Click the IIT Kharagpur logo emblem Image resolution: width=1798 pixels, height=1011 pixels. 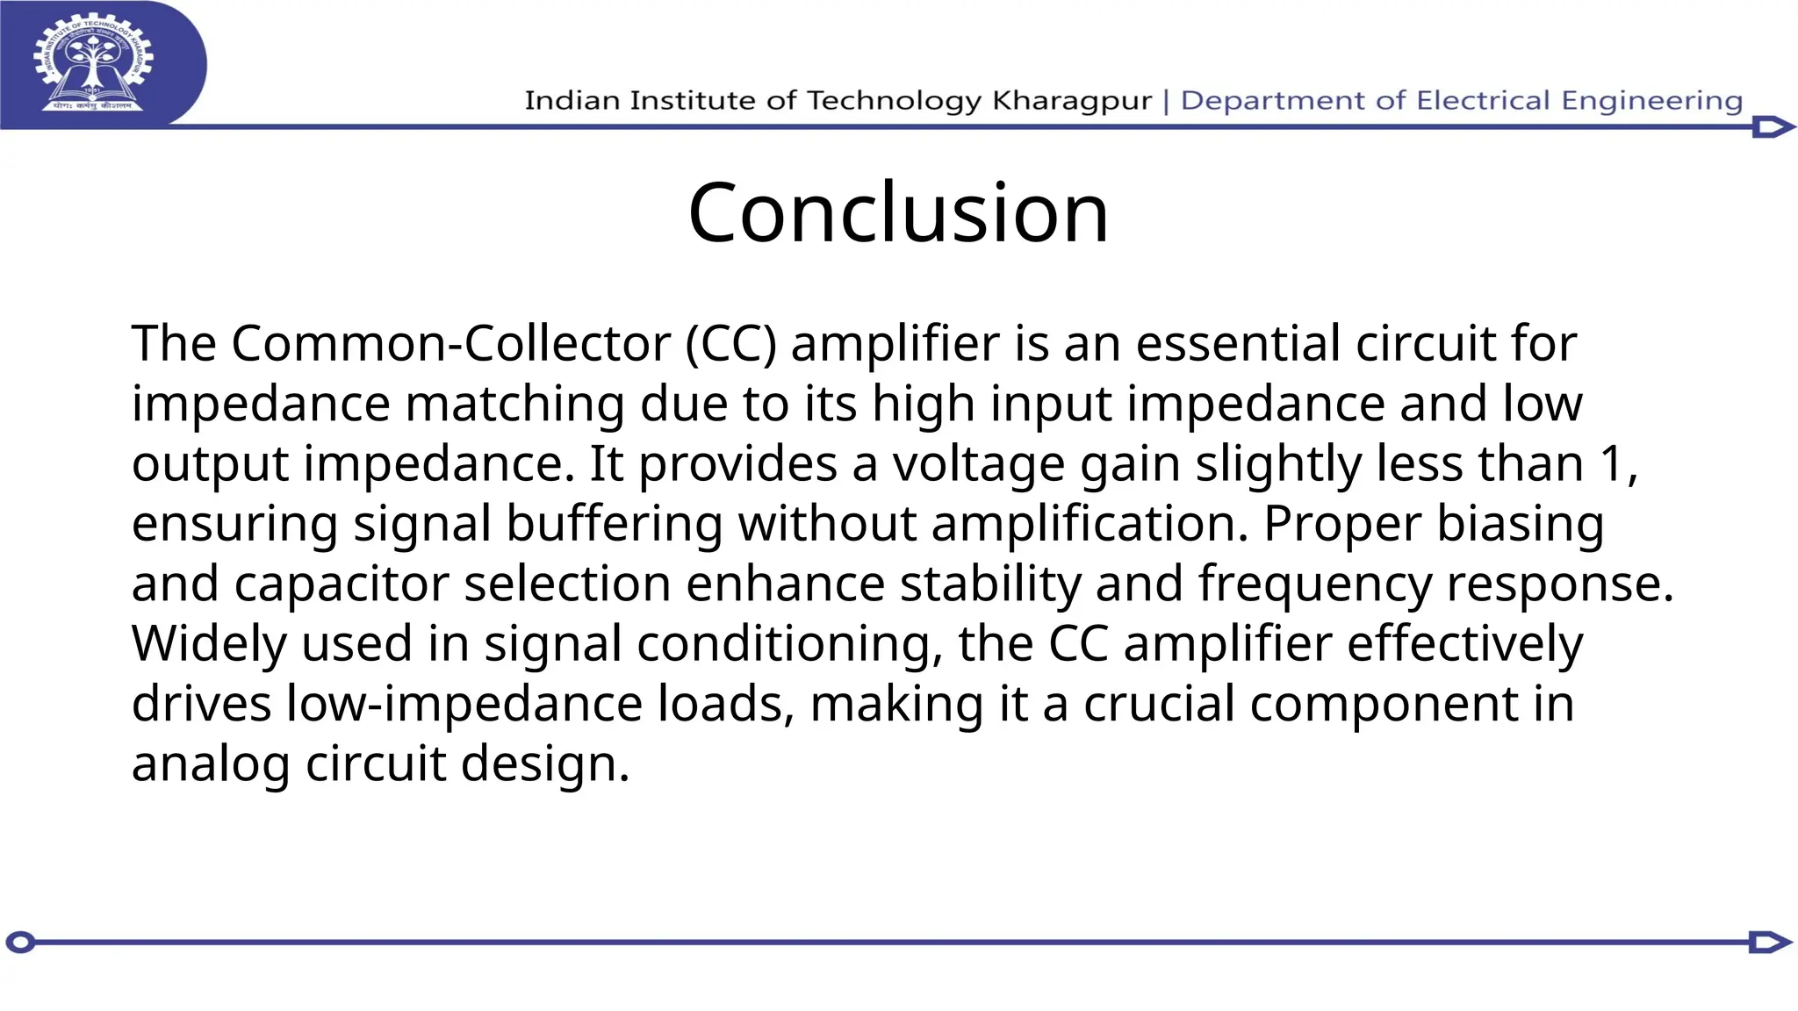click(x=94, y=62)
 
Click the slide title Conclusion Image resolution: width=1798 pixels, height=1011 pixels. click(x=898, y=212)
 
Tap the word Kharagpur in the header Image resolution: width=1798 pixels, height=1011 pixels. click(x=1071, y=101)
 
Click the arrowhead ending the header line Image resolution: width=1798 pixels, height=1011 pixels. click(x=1773, y=127)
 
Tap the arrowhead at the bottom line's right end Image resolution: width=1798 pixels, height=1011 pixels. click(x=1770, y=943)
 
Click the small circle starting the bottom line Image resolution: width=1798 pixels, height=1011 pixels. click(x=20, y=943)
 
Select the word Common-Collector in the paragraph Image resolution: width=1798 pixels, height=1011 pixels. click(x=450, y=343)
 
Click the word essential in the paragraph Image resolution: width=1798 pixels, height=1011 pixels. click(x=1238, y=343)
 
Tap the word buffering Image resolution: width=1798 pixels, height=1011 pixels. click(x=614, y=524)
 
